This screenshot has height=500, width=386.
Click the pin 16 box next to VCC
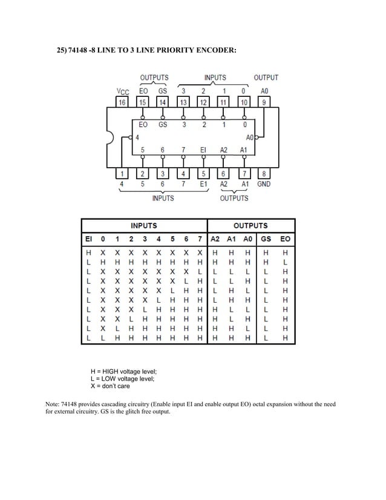122,102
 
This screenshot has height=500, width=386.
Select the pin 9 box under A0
264,102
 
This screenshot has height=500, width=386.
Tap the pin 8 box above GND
264,174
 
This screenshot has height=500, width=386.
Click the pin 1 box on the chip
122,174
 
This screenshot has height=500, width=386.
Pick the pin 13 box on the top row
183,102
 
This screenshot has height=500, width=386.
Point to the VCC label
122,91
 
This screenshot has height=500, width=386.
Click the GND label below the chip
264,184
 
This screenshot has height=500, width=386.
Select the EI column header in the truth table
89,239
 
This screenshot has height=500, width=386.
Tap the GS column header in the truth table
266,239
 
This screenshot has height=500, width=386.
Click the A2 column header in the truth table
216,239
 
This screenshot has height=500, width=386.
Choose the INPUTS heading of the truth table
144,225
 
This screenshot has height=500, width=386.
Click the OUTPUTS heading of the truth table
252,225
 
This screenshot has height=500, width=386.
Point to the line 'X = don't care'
110,386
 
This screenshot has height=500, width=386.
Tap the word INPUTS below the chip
163,198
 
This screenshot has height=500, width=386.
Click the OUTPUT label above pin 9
266,77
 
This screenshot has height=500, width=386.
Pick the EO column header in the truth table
286,239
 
